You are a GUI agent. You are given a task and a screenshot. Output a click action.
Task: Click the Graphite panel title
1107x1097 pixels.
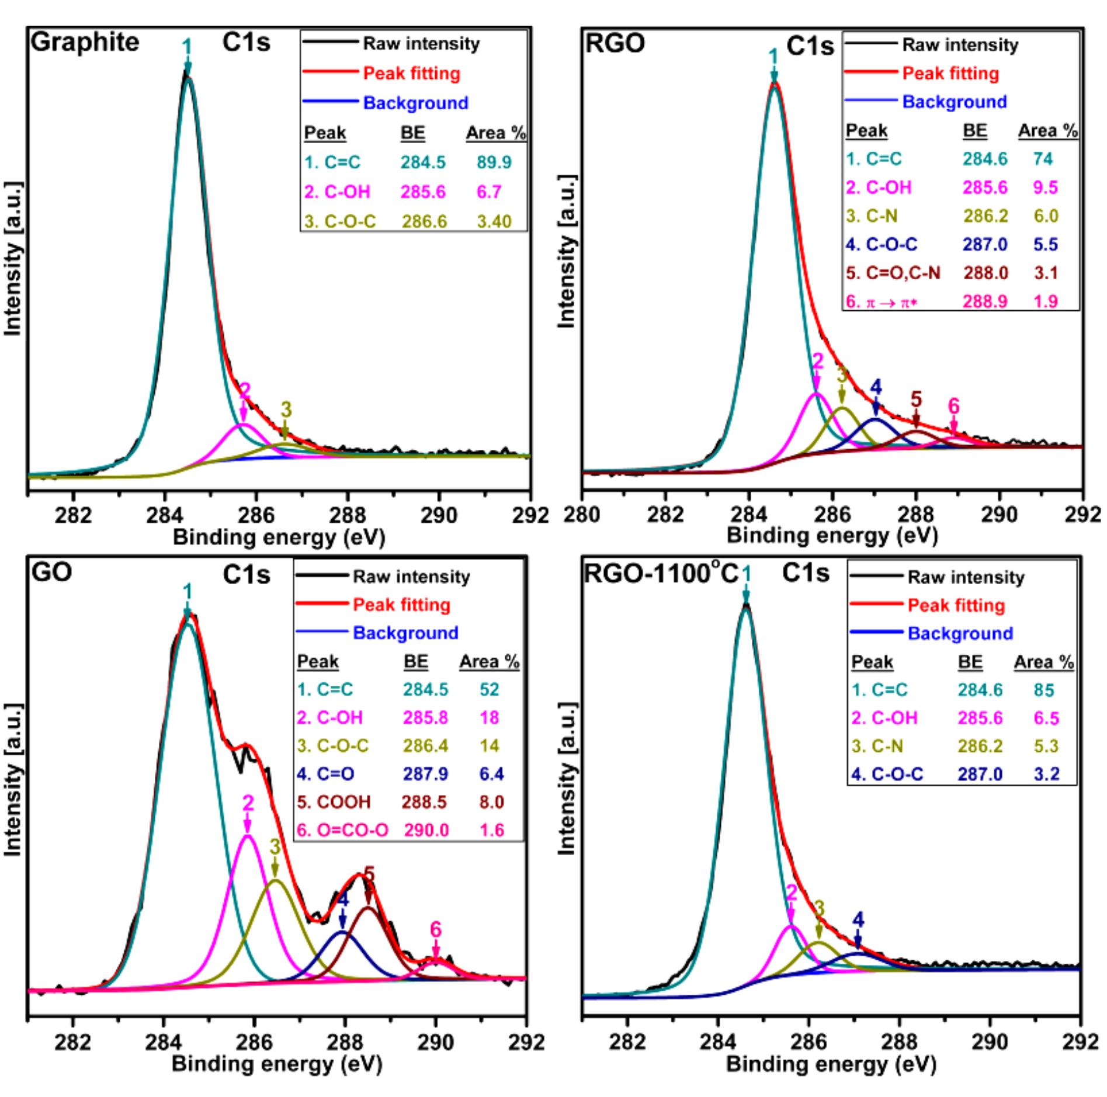[x=85, y=43]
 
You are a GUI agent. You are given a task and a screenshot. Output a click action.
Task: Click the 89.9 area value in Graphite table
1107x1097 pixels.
[x=494, y=162]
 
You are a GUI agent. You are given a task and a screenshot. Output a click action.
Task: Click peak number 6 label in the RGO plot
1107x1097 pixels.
[x=953, y=405]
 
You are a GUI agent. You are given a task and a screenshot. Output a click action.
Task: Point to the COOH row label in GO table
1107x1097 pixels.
[x=334, y=802]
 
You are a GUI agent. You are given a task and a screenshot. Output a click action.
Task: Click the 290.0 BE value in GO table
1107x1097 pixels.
[x=426, y=830]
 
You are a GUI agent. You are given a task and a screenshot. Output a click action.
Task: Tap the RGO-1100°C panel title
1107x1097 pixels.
[x=661, y=574]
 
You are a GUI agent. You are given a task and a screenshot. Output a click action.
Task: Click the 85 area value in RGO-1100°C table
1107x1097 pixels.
[x=1044, y=690]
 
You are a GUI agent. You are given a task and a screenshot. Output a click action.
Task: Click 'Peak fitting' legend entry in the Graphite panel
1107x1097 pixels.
[x=411, y=74]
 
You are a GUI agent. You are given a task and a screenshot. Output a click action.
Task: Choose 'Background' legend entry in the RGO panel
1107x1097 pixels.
[x=955, y=102]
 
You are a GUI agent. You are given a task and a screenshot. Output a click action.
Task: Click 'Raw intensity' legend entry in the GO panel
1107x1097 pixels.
[x=411, y=577]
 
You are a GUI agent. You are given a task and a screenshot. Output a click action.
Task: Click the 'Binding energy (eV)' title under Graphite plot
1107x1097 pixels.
[x=279, y=536]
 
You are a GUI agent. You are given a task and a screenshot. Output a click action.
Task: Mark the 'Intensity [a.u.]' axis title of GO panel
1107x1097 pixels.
[x=13, y=783]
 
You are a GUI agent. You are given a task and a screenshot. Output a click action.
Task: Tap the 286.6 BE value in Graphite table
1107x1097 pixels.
[x=424, y=222]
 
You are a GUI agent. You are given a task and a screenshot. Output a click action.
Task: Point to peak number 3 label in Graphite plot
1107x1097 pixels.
[x=286, y=409]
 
